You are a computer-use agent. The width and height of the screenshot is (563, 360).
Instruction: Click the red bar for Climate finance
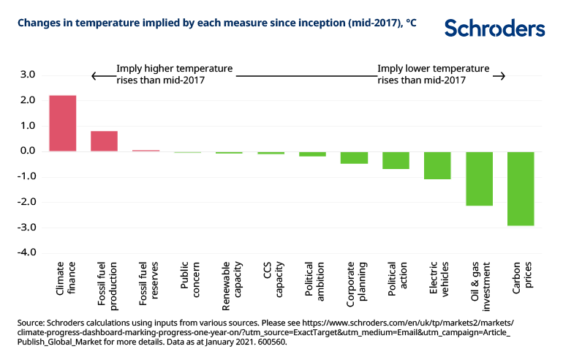point(62,123)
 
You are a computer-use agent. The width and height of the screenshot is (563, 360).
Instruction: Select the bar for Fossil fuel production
point(104,140)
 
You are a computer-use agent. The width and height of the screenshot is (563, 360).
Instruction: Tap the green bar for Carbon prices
point(521,188)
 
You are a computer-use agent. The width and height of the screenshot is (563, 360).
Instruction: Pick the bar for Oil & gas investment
point(479,178)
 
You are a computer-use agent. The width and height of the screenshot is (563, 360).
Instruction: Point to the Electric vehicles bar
point(437,165)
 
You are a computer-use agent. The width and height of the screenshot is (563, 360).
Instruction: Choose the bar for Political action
point(396,160)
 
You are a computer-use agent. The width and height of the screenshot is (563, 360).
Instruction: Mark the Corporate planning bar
point(354,157)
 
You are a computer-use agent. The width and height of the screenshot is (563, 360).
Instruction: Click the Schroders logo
point(495,29)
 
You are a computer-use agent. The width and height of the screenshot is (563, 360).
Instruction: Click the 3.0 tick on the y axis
point(27,75)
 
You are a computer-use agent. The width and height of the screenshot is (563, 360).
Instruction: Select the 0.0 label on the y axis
point(27,151)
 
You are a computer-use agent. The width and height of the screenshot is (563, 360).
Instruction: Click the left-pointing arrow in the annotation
point(94,77)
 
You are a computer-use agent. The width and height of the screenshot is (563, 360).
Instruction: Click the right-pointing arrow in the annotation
point(499,77)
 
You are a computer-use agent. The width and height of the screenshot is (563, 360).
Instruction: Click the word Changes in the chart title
point(39,23)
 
